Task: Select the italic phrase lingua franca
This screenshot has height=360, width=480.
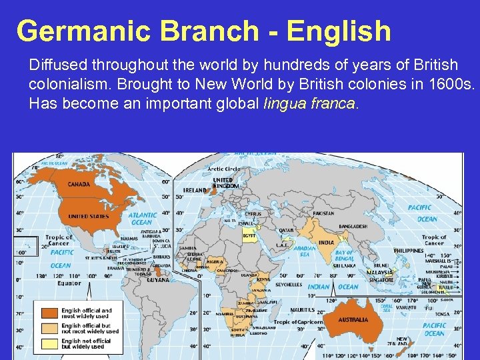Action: [x=311, y=104]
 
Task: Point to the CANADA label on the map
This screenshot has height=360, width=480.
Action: [x=79, y=185]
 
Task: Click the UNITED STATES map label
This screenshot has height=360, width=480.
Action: [x=88, y=216]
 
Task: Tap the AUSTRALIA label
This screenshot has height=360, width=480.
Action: [x=353, y=320]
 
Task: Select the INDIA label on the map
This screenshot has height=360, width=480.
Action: [x=326, y=243]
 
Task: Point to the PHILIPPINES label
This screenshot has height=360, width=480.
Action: [x=408, y=250]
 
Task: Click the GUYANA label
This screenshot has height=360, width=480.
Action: [x=159, y=281]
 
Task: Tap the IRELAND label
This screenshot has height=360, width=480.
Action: [x=195, y=190]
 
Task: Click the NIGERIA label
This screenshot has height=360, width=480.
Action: [x=215, y=262]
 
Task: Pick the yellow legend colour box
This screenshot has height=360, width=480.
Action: [x=50, y=343]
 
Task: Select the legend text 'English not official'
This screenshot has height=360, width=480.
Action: [x=86, y=341]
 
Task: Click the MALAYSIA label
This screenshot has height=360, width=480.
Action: [x=379, y=273]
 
